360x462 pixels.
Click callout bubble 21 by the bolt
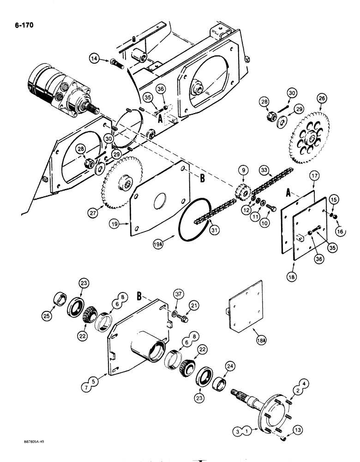point(195,306)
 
